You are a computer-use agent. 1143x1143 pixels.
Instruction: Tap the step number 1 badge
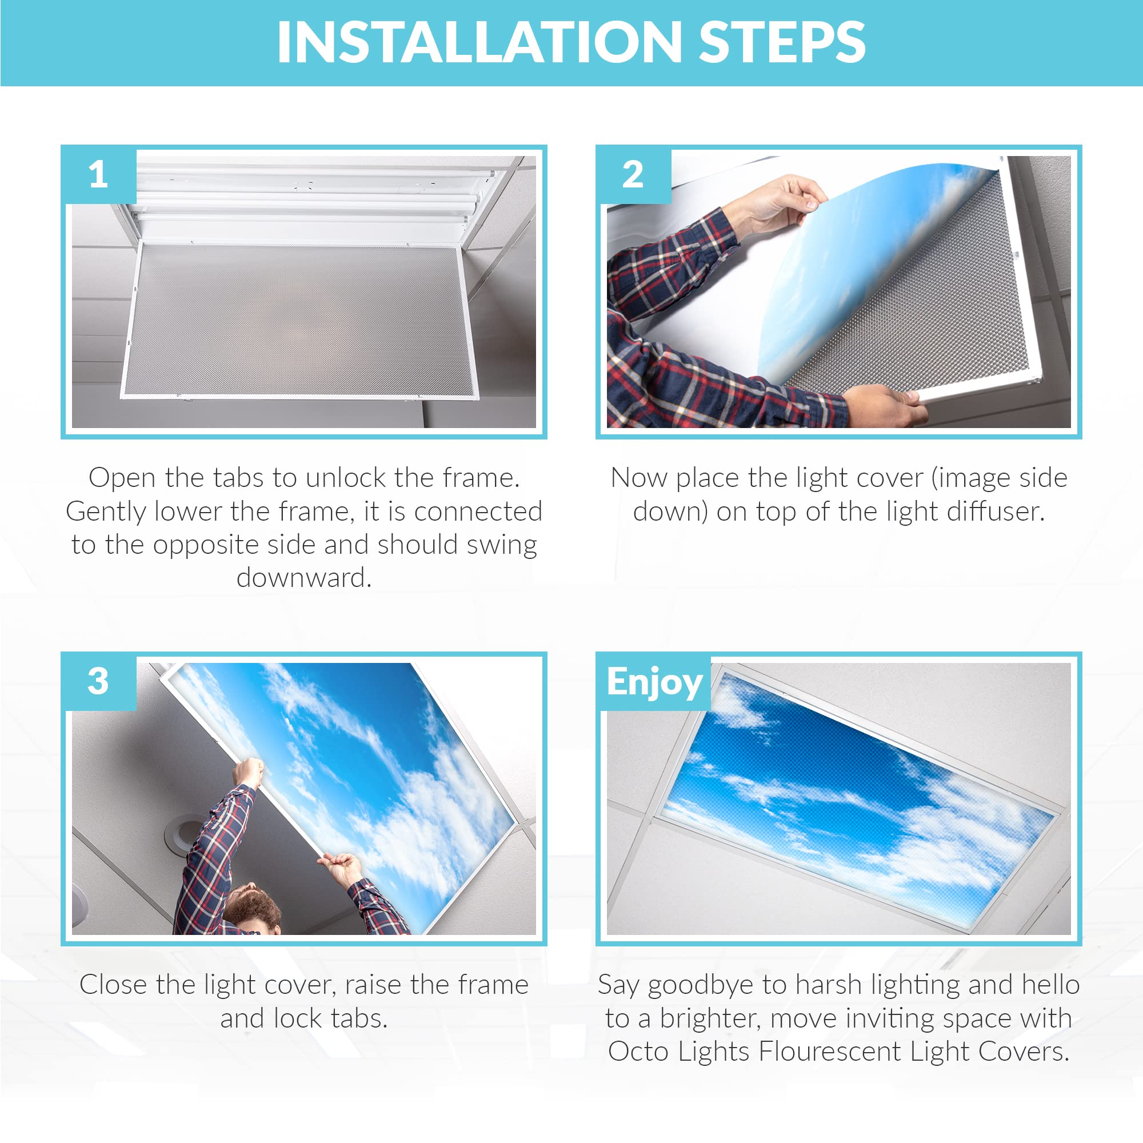coord(98,175)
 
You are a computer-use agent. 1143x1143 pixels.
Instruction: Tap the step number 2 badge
coord(633,175)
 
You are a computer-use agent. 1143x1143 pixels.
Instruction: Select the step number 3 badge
coord(98,682)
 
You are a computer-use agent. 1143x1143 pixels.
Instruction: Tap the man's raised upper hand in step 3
coord(249,773)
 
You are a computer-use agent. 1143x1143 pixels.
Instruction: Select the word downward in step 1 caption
coord(304,578)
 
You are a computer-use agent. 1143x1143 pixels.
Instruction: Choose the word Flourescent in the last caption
coord(830,1052)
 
